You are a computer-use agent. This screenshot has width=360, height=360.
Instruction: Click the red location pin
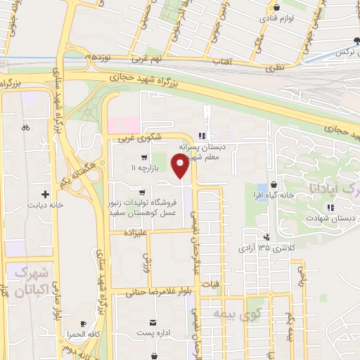(181, 166)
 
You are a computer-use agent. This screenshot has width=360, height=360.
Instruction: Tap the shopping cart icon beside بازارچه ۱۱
(143, 157)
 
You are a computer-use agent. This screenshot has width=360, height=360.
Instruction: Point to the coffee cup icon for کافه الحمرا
(85, 324)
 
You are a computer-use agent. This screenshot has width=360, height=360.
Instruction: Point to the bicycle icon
(25, 128)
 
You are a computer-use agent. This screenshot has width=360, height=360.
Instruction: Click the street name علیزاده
(134, 231)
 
